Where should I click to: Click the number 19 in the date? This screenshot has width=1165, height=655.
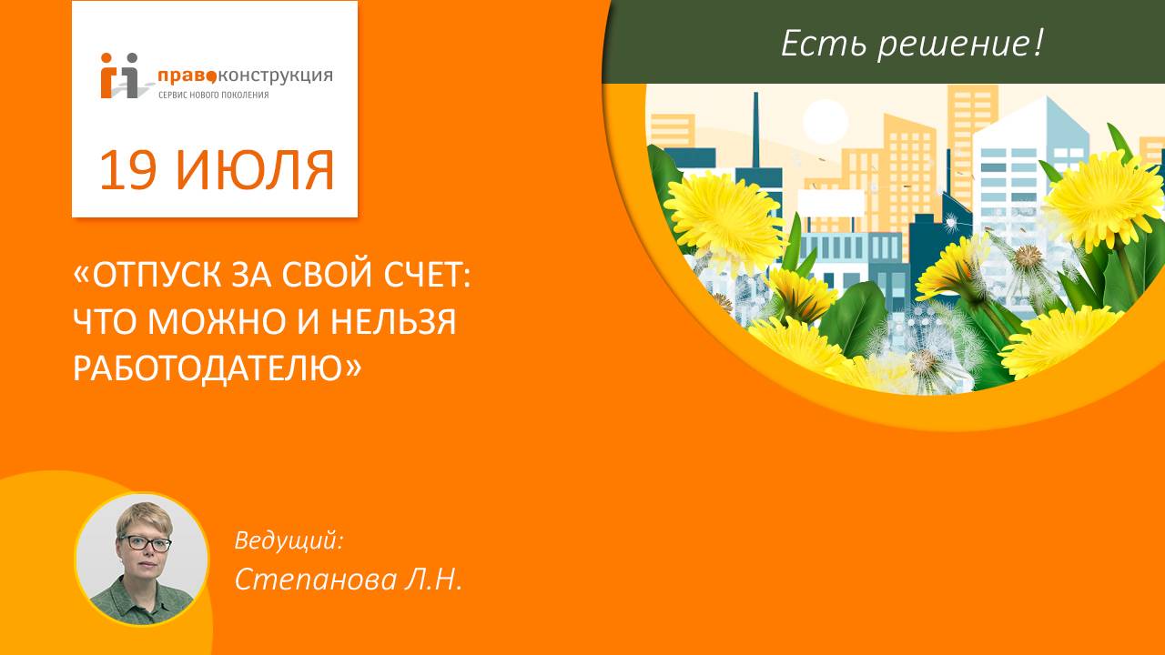(x=129, y=170)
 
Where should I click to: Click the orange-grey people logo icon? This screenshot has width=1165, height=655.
(x=121, y=76)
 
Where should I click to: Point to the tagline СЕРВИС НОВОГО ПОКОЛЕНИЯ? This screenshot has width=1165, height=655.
(x=213, y=95)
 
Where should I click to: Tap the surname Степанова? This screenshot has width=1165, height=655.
(x=314, y=579)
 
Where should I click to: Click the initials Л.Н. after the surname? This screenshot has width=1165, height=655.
(x=433, y=579)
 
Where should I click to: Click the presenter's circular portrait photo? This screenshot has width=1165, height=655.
(x=141, y=559)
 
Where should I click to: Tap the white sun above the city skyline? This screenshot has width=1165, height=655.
(x=826, y=121)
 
